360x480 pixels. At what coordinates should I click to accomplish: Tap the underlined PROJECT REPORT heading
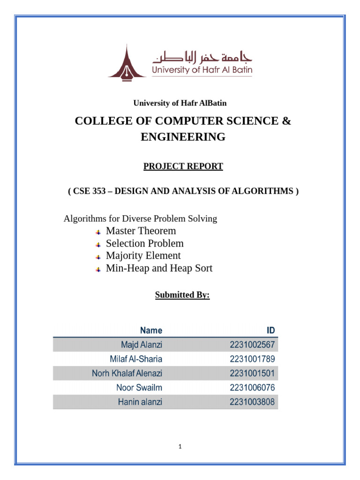[x=183, y=166]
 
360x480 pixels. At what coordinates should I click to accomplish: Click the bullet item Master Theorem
[x=141, y=231]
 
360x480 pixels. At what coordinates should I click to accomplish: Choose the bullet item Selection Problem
[x=144, y=243]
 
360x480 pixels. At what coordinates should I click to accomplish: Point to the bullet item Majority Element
[x=143, y=255]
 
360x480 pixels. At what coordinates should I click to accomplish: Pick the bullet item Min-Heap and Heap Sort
[x=159, y=268]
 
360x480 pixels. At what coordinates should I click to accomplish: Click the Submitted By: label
[x=182, y=295]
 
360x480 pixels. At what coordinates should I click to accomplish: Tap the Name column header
[x=151, y=330]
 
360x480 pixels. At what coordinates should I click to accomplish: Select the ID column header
[x=270, y=330]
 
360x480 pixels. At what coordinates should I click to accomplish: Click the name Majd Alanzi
[x=142, y=345]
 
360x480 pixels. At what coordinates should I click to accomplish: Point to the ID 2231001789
[x=252, y=359]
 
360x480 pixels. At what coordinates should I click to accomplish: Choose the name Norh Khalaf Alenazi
[x=127, y=374]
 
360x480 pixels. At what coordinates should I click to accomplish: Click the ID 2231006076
[x=252, y=388]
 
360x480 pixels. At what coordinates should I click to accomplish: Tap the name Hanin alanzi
[x=140, y=402]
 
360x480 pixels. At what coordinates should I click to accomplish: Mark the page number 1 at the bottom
[x=180, y=447]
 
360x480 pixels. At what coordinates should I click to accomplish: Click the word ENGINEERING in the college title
[x=183, y=137]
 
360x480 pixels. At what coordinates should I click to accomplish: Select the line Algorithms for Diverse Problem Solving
[x=140, y=218]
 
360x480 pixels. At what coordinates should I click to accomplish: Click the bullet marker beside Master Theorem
[x=98, y=232]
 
